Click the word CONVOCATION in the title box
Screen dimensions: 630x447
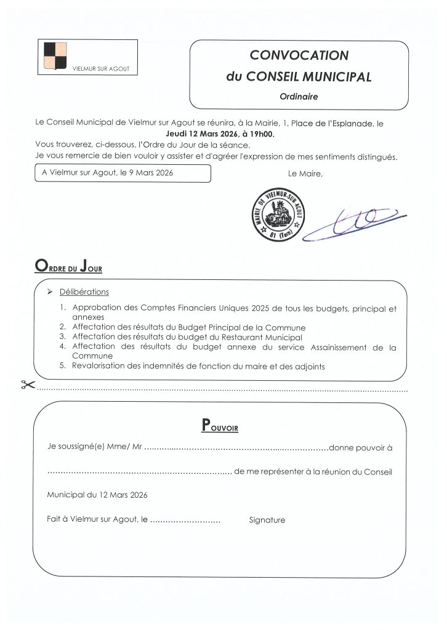299,55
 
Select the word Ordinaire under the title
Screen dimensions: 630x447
299,96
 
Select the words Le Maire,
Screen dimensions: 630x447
305,173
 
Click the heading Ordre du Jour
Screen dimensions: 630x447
68,268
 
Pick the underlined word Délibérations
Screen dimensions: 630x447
84,292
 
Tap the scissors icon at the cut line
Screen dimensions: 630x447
26,386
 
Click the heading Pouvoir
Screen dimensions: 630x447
220,425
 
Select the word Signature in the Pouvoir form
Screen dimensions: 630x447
267,520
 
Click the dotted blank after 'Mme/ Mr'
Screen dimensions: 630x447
236,448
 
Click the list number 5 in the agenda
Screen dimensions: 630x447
63,367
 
